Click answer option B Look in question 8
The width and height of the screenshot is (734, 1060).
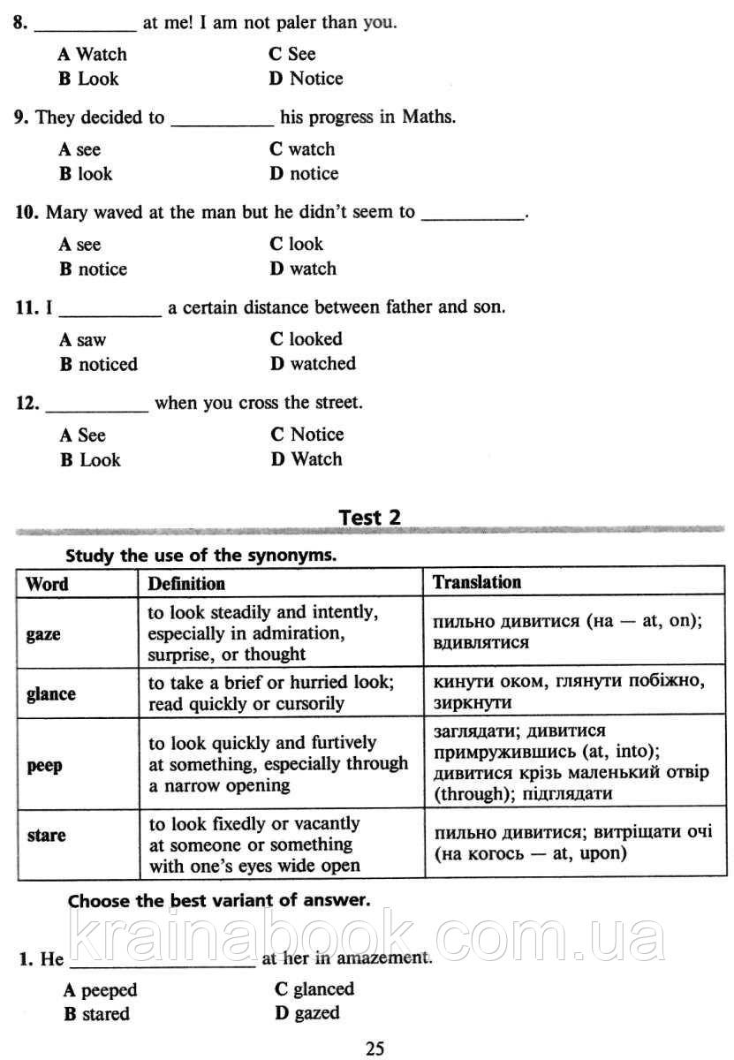[88, 79]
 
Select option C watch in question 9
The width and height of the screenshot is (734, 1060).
[302, 149]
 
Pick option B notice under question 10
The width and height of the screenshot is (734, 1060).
[94, 269]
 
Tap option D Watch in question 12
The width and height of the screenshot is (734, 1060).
[306, 459]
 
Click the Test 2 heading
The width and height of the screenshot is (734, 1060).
[370, 518]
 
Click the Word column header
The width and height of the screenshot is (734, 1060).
[47, 583]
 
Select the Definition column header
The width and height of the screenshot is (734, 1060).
[186, 583]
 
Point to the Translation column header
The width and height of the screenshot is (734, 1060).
[477, 582]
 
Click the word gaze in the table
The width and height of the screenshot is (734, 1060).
[43, 634]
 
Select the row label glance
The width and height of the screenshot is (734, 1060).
[51, 694]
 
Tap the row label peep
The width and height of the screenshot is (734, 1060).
[45, 766]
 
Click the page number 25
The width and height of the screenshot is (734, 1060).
[375, 1049]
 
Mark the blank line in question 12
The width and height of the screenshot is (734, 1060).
[96, 410]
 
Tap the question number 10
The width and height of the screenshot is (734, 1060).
[26, 213]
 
